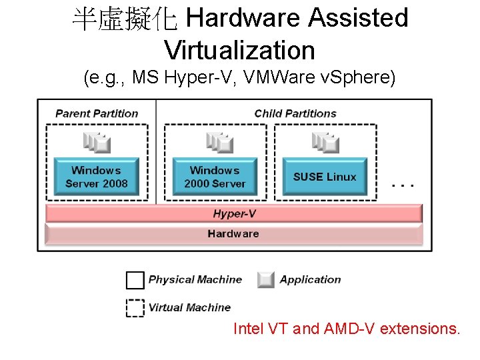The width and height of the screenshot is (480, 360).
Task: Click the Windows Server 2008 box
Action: pos(96,177)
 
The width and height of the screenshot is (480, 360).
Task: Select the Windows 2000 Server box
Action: pos(215,177)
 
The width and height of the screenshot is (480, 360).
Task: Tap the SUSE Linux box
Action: pos(325,177)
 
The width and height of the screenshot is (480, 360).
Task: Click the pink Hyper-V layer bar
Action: pos(233,213)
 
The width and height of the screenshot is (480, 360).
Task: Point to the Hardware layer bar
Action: pos(233,234)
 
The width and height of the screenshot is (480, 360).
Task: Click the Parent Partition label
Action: pos(97,113)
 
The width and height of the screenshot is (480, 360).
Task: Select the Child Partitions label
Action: pos(295,113)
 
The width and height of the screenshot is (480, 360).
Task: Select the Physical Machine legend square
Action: pos(135,280)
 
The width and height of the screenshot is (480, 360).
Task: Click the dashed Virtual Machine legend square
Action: pos(135,307)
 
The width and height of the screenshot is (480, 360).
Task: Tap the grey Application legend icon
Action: pos(266,280)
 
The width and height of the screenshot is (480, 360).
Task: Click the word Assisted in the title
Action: pos(358,18)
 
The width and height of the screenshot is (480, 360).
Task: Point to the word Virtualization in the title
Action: pos(239,50)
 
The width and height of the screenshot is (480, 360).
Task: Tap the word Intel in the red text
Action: pos(248,329)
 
